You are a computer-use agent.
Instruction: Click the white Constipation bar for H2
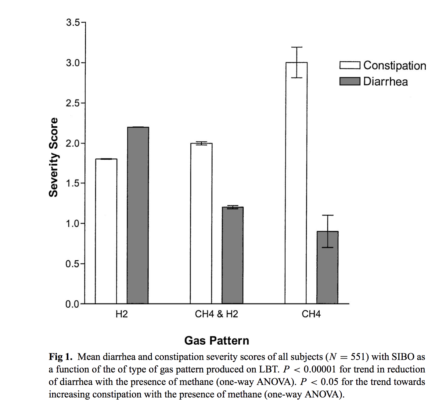[x=106, y=231]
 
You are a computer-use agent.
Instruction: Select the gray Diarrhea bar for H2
[x=138, y=215]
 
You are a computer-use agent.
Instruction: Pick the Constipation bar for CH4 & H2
[x=201, y=223]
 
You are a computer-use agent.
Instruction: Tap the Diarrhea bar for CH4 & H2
[x=233, y=255]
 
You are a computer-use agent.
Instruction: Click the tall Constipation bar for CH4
[x=296, y=183]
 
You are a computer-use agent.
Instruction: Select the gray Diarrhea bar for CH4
[x=328, y=267]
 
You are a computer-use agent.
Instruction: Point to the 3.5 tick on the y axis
[x=73, y=23]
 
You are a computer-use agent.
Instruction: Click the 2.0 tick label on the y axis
[x=73, y=143]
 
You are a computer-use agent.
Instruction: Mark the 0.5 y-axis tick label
[x=73, y=264]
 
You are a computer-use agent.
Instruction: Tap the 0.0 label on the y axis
[x=73, y=304]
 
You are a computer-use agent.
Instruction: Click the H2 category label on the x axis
[x=122, y=314]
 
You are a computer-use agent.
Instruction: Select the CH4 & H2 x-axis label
[x=216, y=314]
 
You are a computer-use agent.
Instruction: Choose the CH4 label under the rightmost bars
[x=311, y=314]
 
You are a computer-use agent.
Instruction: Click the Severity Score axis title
[x=53, y=157]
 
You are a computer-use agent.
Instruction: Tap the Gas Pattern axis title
[x=217, y=341]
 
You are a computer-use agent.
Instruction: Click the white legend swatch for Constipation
[x=350, y=65]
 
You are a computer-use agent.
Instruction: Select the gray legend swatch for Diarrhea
[x=350, y=81]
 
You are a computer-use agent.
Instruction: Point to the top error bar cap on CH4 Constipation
[x=297, y=47]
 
